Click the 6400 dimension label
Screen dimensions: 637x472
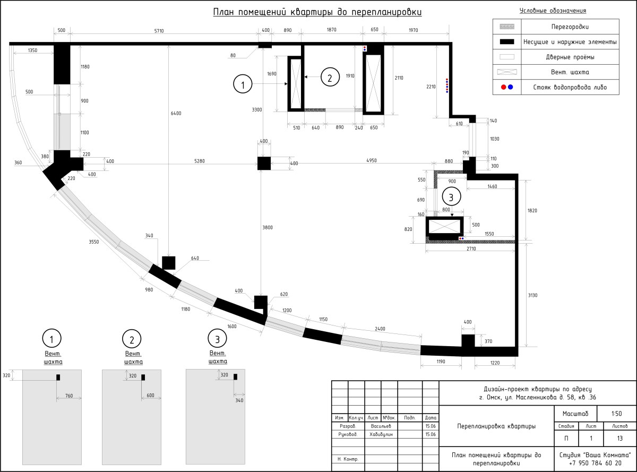pos(176,114)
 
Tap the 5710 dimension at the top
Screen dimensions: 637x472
pos(159,31)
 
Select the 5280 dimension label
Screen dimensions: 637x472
pos(199,161)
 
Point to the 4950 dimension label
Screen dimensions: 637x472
pos(372,160)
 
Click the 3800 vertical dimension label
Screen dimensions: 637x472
pos(268,228)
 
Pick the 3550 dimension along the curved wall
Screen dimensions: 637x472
pos(93,242)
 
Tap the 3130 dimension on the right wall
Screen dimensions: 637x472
pos(532,295)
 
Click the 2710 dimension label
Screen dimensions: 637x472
pos(471,249)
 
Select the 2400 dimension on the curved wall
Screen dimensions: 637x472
pos(380,329)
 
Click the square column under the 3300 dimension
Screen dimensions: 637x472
pos(264,163)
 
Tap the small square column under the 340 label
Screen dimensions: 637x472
pos(169,263)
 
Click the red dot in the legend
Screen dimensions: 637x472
pos(503,87)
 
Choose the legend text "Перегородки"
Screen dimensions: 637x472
pos(570,27)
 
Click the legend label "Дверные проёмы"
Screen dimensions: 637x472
pos(570,57)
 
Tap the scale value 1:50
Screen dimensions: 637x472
pos(617,414)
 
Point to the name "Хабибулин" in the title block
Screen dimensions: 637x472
pos(381,434)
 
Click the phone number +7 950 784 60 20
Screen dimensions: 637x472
pos(595,463)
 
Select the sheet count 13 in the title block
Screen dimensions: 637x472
pos(620,439)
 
